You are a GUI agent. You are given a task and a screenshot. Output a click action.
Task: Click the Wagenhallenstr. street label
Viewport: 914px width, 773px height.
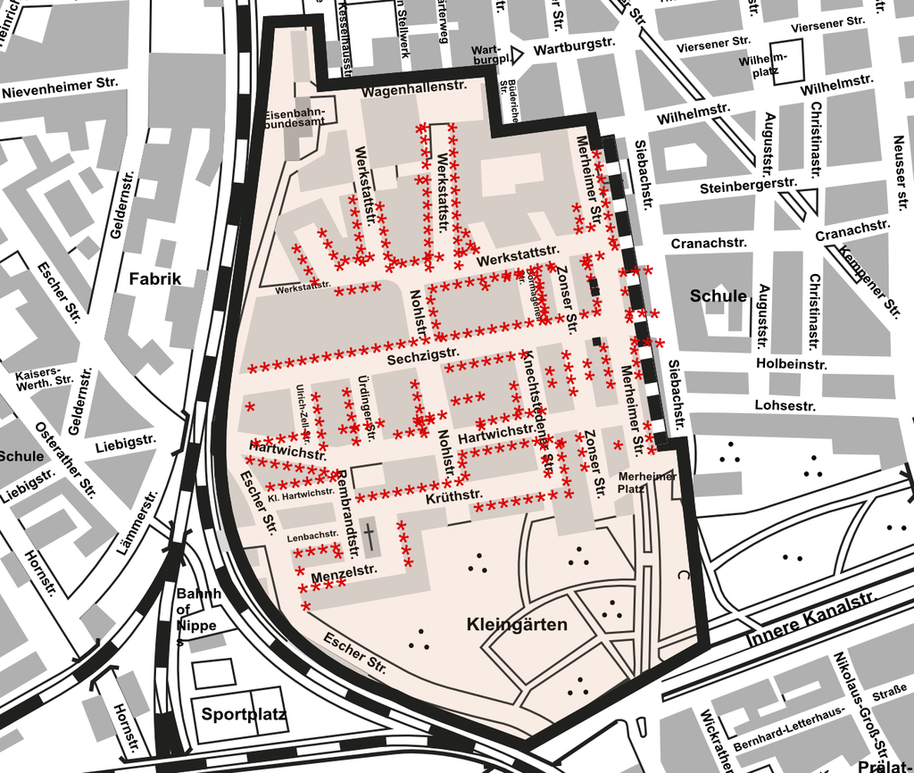click(416, 91)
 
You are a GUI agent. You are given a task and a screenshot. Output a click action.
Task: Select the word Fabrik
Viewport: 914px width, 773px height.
click(154, 278)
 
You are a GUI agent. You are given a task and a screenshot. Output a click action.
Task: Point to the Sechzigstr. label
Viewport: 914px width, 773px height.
click(420, 357)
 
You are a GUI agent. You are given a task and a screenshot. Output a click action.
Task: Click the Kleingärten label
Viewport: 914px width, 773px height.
click(517, 624)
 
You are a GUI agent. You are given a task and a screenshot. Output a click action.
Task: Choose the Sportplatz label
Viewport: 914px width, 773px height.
click(243, 714)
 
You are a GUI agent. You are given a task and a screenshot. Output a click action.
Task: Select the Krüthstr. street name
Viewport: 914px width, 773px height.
click(454, 495)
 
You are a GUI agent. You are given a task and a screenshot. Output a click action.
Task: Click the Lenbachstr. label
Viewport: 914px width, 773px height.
click(312, 536)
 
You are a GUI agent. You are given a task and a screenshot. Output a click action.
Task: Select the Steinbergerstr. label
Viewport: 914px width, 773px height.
click(748, 186)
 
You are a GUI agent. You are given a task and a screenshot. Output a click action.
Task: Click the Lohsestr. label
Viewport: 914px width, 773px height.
click(785, 405)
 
